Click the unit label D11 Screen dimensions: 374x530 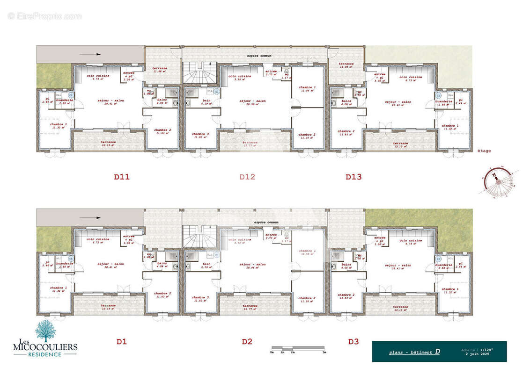(x=121, y=177)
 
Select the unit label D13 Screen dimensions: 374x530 (x=353, y=177)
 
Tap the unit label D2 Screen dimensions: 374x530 (x=247, y=342)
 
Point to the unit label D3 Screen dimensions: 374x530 (x=353, y=342)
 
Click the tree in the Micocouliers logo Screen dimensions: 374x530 (x=45, y=330)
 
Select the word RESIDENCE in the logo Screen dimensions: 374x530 (x=45, y=354)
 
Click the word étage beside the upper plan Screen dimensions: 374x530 (x=484, y=151)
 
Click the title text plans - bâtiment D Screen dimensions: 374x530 (x=414, y=352)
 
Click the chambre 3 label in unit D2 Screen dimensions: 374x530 (x=200, y=298)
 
